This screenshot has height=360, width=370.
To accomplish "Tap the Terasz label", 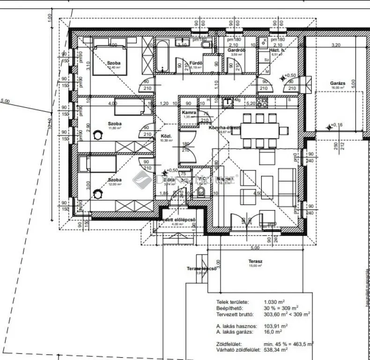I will (x=255, y=261).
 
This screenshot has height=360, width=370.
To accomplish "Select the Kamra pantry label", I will (x=189, y=113).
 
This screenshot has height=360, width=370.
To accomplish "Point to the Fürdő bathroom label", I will (x=196, y=63).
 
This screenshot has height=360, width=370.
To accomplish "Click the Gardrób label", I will (x=234, y=50).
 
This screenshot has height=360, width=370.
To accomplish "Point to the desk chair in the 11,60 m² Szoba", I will (x=97, y=135).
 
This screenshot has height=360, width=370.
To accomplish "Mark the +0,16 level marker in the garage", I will (x=334, y=125).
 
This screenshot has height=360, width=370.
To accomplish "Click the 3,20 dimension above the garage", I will (x=335, y=45).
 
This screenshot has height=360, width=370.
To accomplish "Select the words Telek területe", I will (x=232, y=302).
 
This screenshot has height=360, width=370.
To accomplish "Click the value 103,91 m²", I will (x=275, y=326).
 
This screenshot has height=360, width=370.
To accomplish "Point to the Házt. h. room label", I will (x=277, y=50).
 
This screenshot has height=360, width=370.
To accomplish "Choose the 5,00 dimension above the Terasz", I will (x=254, y=248).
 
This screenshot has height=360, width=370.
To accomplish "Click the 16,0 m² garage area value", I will (x=273, y=331).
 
